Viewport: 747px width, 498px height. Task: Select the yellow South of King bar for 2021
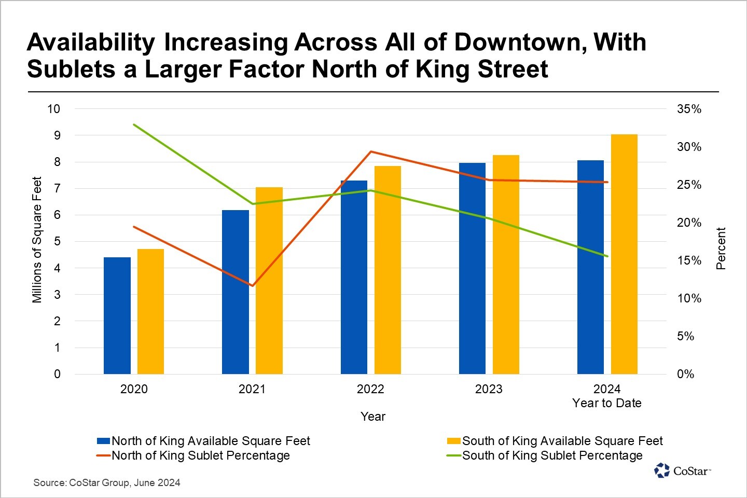point(269,280)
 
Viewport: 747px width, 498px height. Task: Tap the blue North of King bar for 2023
point(472,268)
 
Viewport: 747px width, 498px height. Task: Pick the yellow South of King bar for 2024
point(624,254)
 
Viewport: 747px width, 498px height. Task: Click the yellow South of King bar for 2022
point(388,270)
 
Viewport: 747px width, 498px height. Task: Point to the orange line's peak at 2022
point(370,151)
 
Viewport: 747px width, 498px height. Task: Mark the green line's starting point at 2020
point(134,125)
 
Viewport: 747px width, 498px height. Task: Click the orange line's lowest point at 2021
point(252,285)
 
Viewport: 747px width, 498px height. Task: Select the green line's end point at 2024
point(607,256)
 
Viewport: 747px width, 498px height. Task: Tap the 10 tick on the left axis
point(53,109)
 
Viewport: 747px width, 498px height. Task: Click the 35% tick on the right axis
point(689,109)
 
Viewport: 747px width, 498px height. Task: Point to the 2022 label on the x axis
point(370,389)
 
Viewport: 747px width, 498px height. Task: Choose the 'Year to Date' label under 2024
point(607,403)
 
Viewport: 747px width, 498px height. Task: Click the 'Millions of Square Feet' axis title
point(37,240)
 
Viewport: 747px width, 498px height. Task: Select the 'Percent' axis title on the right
point(721,248)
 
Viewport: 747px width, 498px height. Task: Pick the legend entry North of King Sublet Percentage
point(201,455)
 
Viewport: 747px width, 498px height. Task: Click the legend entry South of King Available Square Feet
point(562,441)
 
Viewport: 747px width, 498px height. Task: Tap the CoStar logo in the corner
point(682,471)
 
